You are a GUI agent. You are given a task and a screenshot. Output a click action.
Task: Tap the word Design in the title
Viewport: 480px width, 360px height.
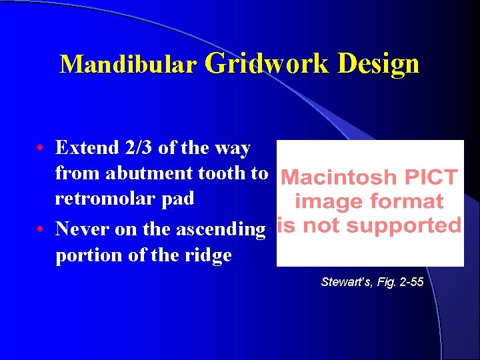(x=378, y=64)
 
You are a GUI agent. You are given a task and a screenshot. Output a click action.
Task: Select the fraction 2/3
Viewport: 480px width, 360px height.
(x=139, y=147)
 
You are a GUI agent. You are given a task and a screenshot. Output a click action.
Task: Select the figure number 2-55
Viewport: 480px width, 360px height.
(x=409, y=282)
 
